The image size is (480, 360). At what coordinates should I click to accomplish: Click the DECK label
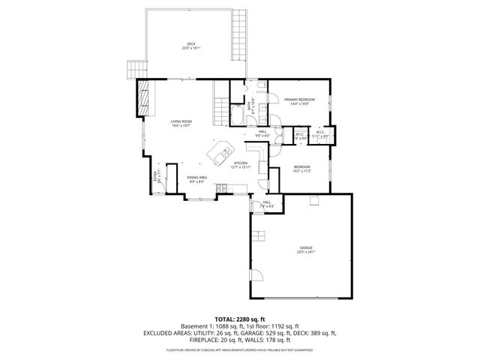click(190, 43)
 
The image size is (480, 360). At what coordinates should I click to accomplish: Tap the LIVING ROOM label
click(181, 121)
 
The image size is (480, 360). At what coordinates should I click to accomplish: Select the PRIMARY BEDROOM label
click(299, 100)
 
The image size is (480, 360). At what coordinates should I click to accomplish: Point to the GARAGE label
click(306, 247)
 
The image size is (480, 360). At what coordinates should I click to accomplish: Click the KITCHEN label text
click(241, 163)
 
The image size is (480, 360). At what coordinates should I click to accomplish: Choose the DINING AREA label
click(197, 177)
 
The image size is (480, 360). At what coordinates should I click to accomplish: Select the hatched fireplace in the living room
click(142, 97)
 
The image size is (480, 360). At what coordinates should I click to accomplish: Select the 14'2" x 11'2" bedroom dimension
click(301, 172)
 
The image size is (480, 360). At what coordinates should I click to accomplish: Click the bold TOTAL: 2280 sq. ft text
click(240, 319)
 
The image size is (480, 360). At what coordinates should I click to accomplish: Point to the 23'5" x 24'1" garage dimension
click(306, 253)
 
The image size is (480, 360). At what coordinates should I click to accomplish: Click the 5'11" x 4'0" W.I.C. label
click(319, 136)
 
